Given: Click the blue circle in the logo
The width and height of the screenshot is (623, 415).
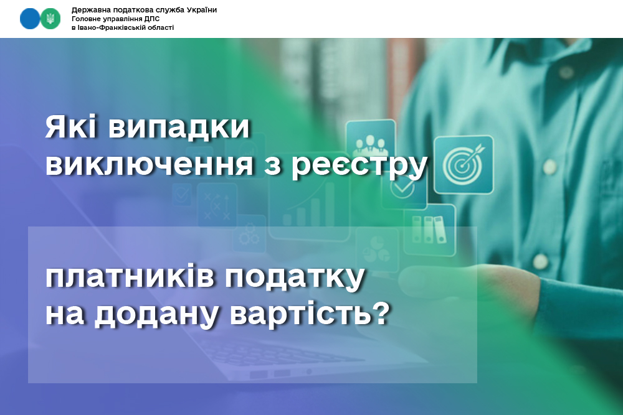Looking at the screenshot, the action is click(x=30, y=19).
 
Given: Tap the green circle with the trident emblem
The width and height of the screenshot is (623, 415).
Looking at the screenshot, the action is click(x=50, y=19).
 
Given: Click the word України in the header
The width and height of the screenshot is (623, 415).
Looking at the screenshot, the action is click(x=201, y=10).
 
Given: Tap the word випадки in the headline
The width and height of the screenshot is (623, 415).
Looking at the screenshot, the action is click(x=179, y=128).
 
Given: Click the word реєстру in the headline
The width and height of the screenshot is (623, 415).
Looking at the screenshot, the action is click(x=359, y=167).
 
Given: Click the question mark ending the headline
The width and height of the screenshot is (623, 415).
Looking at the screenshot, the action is click(x=381, y=312).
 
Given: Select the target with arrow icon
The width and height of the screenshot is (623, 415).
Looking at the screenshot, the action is click(x=464, y=164).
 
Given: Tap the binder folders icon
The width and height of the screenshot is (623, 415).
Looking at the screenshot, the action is click(x=429, y=230).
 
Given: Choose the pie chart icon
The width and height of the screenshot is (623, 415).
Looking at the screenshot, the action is click(x=377, y=250).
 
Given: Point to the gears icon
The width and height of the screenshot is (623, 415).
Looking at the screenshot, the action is click(x=249, y=235).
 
